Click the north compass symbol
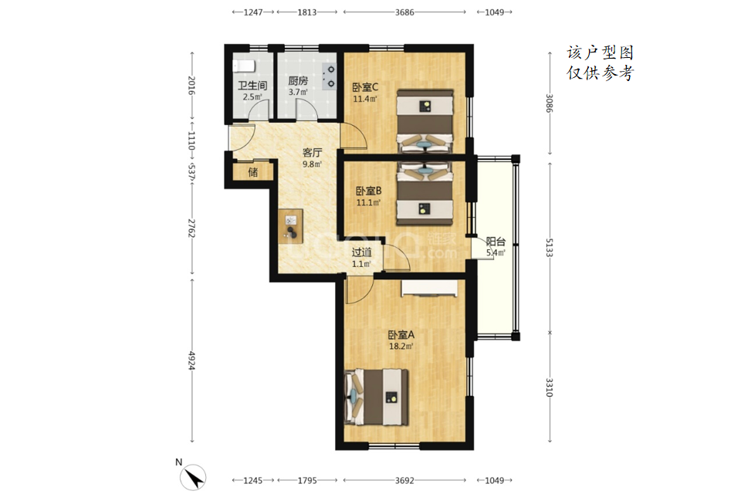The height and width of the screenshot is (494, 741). [193, 476]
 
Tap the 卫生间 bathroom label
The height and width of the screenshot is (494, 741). [252, 86]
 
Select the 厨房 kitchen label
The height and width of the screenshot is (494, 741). [298, 81]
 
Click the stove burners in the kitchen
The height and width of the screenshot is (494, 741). [330, 76]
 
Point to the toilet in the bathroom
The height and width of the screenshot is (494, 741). [244, 66]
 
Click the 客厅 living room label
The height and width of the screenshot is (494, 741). [312, 153]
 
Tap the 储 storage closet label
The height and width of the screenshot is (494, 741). [253, 172]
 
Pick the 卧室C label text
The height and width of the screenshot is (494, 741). [365, 87]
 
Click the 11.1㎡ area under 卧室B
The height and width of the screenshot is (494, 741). [369, 203]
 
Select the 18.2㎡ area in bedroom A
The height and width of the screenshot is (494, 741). [401, 347]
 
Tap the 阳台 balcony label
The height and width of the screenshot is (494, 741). [496, 242]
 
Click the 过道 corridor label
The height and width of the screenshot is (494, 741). [361, 252]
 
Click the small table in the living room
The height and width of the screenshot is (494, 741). [291, 226]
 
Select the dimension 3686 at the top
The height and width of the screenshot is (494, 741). [404, 12]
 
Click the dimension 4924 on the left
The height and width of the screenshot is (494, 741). [192, 360]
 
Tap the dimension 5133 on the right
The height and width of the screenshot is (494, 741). [549, 247]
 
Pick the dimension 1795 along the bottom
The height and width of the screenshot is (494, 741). [307, 480]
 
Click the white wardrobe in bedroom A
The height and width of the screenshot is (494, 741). [430, 289]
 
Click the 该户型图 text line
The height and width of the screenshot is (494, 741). [601, 52]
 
